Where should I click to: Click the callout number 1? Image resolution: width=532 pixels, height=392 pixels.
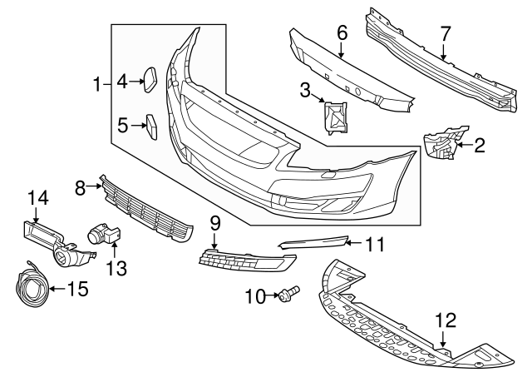pos(96,84)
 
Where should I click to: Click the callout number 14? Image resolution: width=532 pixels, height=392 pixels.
pos(38,198)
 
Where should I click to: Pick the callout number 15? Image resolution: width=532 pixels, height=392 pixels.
pos(77,290)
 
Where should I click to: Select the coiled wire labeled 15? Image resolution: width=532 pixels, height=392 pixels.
pos(31,284)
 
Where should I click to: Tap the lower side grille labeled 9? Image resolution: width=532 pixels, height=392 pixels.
pos(245,261)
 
